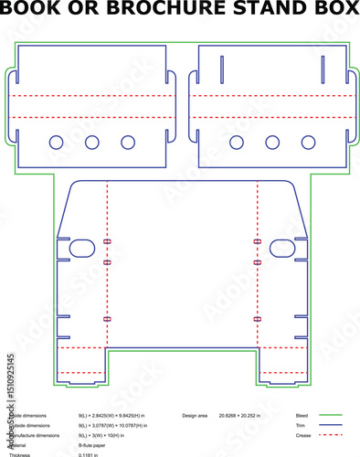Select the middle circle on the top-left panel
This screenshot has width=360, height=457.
pyautogui.click(x=92, y=142)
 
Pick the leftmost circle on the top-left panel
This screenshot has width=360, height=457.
pyautogui.click(x=57, y=142)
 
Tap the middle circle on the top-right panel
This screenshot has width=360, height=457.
pyautogui.click(x=272, y=142)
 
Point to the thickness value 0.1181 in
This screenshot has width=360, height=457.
pyautogui.click(x=88, y=454)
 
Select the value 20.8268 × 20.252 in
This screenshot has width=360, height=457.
pyautogui.click(x=239, y=416)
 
